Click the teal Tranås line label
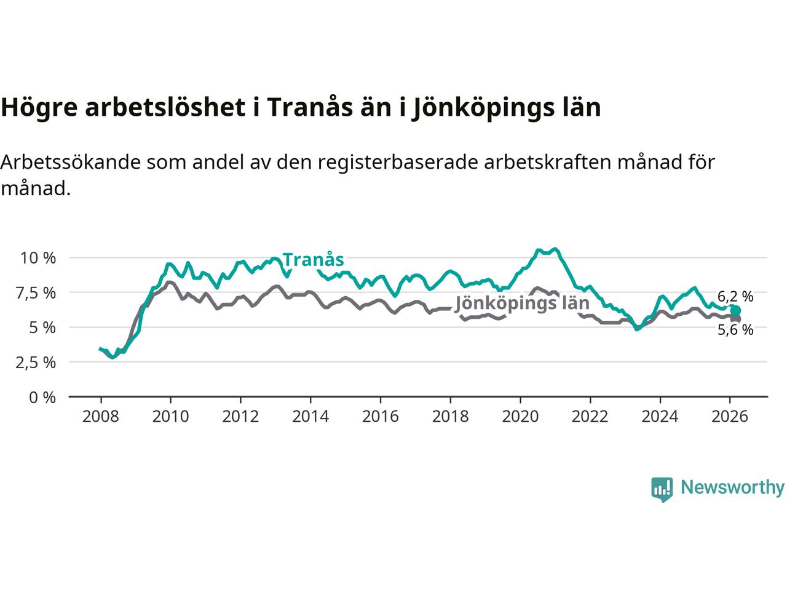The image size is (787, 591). (313, 260)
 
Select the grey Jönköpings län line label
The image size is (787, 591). (522, 303)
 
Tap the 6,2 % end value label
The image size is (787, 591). (735, 296)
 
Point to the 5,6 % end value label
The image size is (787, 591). (735, 330)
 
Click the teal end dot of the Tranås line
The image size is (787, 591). (735, 310)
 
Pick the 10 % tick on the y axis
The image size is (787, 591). (38, 257)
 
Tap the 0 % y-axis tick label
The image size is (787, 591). (42, 397)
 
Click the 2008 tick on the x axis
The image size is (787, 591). (100, 417)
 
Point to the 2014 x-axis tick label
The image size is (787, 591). (310, 417)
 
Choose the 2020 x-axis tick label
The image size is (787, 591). (520, 417)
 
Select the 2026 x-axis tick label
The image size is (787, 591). (730, 417)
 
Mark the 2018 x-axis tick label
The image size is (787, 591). (450, 417)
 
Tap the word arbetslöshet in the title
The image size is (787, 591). (164, 107)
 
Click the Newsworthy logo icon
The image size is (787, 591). (662, 489)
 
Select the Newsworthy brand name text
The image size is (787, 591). (732, 488)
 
